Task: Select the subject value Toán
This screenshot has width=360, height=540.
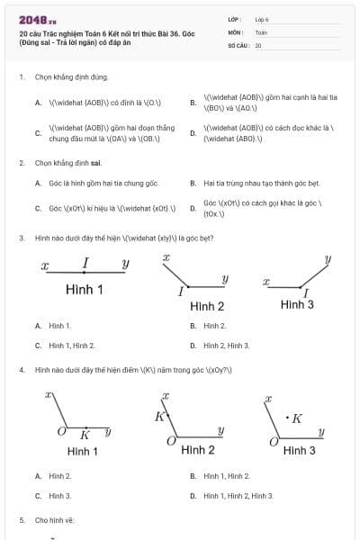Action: coord(261,31)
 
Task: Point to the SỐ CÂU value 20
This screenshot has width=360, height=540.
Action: coord(258,44)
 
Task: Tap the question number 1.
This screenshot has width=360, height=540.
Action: coord(21,77)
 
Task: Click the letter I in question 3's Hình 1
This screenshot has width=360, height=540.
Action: coord(85,263)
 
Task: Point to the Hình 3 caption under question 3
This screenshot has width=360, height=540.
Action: coord(297,304)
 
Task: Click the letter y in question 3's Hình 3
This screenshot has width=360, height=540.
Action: coord(328,259)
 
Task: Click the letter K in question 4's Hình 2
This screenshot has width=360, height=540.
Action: coord(160,416)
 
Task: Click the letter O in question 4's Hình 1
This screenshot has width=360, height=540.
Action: coord(62,433)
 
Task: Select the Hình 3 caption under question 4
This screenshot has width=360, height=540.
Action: coord(299,450)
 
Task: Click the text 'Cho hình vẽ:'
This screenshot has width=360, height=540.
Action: coord(54,520)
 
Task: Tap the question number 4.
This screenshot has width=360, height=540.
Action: coord(21,370)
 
